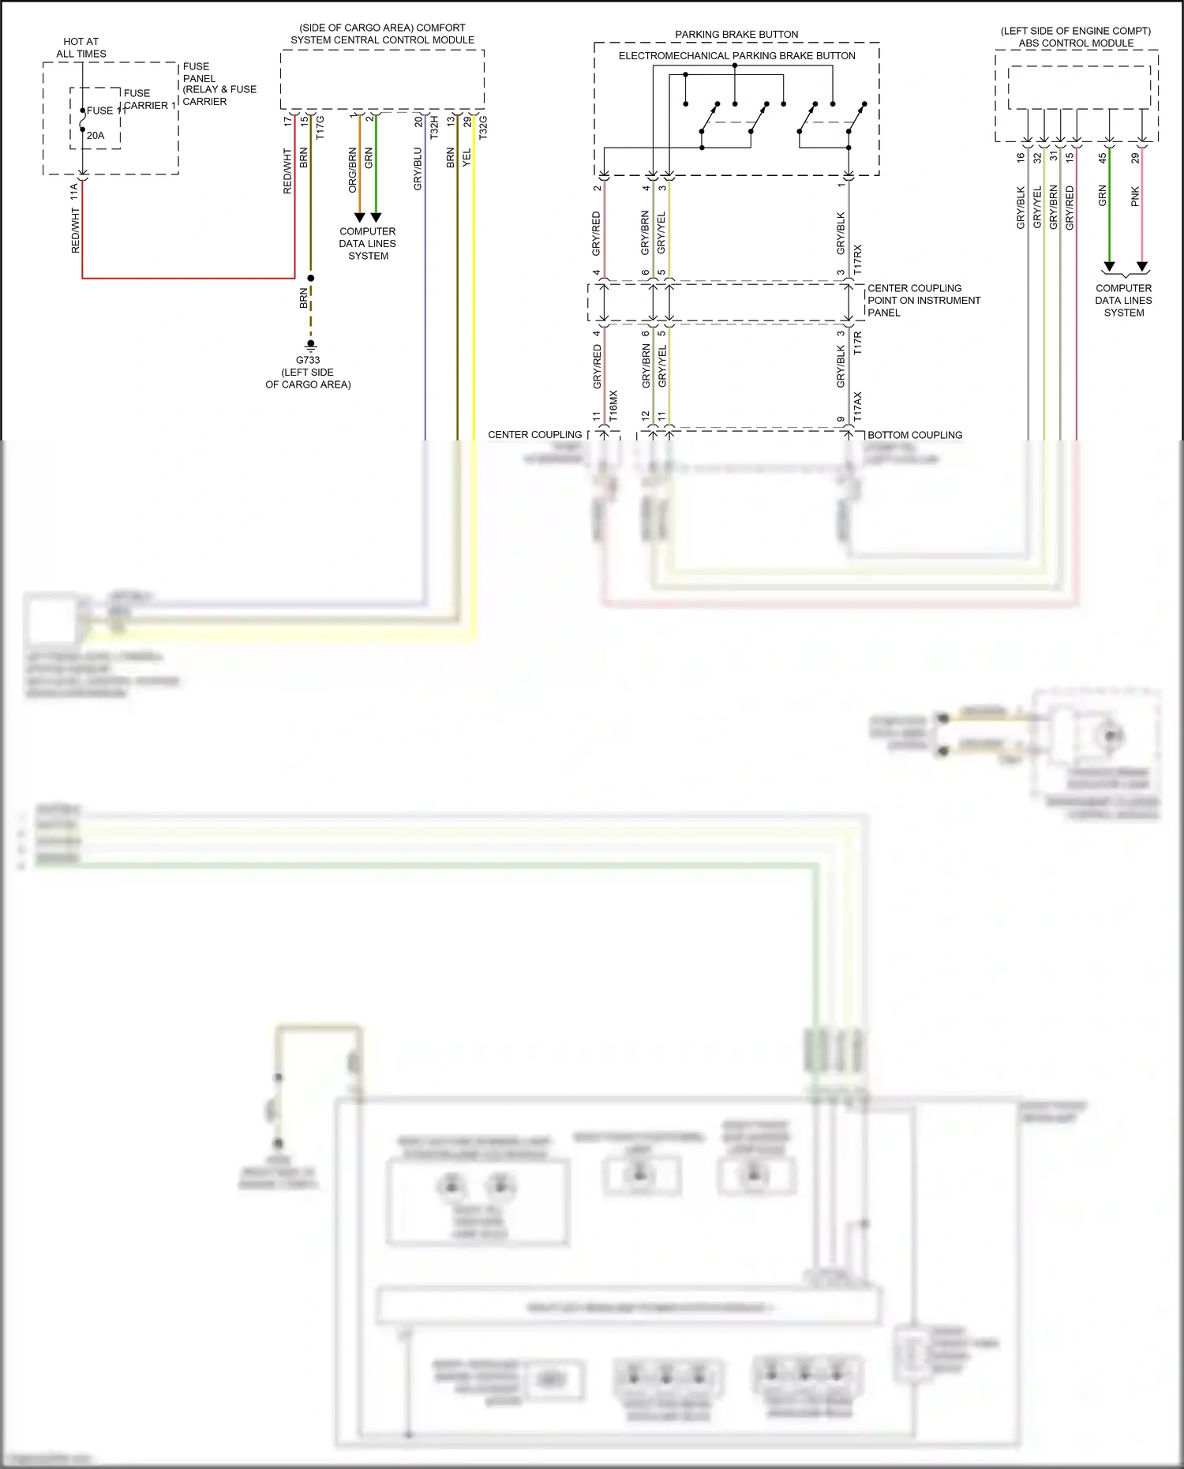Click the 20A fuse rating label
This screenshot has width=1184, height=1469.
click(96, 136)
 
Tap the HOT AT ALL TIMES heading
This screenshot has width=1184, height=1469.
click(81, 47)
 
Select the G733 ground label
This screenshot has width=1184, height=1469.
click(308, 360)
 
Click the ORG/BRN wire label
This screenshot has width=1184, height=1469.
click(353, 170)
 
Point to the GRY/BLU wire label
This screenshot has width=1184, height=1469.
click(418, 169)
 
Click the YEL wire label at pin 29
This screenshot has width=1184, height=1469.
click(466, 157)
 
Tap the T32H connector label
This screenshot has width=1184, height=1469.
click(434, 127)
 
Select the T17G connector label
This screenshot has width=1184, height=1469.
click(320, 127)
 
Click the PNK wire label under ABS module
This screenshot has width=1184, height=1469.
click(1135, 197)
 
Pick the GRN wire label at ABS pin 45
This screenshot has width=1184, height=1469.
click(1103, 196)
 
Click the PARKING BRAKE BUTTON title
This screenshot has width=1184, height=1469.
click(736, 35)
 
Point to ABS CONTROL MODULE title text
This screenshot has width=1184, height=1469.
click(1076, 43)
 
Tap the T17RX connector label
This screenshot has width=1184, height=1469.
click(858, 260)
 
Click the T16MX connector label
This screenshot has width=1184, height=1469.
click(613, 405)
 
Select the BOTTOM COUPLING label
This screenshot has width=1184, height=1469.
click(915, 435)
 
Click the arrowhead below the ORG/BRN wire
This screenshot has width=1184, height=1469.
click(359, 217)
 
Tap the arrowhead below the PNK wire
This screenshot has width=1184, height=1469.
click(1141, 267)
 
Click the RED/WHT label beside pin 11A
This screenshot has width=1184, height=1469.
click(76, 230)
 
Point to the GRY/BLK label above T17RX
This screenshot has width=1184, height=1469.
click(841, 233)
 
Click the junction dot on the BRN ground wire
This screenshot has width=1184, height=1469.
click(311, 278)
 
